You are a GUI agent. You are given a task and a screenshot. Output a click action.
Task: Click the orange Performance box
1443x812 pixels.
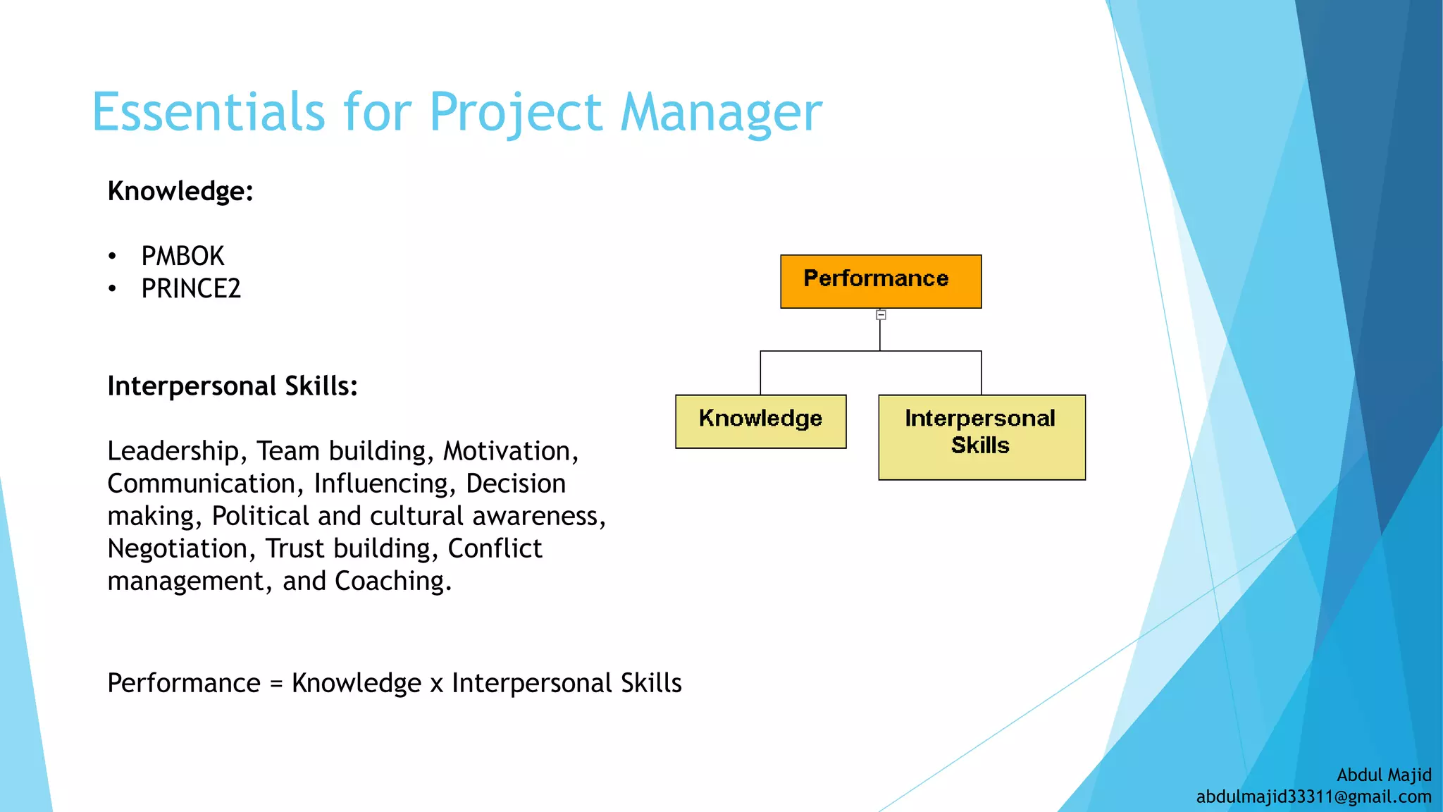[880, 281]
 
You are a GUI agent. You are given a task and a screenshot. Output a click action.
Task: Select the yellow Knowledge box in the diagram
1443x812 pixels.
[760, 421]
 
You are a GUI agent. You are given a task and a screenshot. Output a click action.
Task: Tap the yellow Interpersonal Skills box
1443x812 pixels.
[981, 436]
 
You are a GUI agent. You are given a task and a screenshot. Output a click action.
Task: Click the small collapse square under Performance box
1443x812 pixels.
[881, 315]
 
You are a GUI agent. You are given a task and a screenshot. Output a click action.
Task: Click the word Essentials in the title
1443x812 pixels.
[208, 113]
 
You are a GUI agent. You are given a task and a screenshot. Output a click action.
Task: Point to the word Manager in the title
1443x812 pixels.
[721, 113]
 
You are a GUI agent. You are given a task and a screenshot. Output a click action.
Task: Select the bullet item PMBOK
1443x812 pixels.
[182, 257]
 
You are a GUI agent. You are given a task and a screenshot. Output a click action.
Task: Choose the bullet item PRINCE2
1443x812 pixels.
[191, 289]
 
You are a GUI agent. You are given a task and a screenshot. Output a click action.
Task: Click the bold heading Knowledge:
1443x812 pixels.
[180, 191]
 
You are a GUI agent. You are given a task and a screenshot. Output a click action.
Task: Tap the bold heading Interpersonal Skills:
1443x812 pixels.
[233, 386]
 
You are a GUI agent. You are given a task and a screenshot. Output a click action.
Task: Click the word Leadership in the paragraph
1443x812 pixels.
[173, 452]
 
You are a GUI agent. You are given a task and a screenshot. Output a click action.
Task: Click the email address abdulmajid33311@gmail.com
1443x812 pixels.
[1313, 797]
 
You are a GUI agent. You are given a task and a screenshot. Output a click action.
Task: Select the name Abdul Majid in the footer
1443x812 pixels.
[1384, 775]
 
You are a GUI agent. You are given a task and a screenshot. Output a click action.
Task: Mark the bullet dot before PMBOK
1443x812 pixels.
[112, 257]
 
